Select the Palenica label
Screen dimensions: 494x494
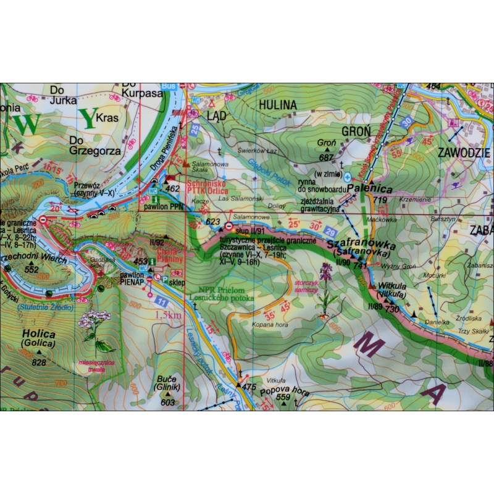coord(366,187)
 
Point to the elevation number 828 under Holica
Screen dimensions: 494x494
coord(39,362)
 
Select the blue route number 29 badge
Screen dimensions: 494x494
coord(330,231)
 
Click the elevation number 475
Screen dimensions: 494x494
coord(249,387)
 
